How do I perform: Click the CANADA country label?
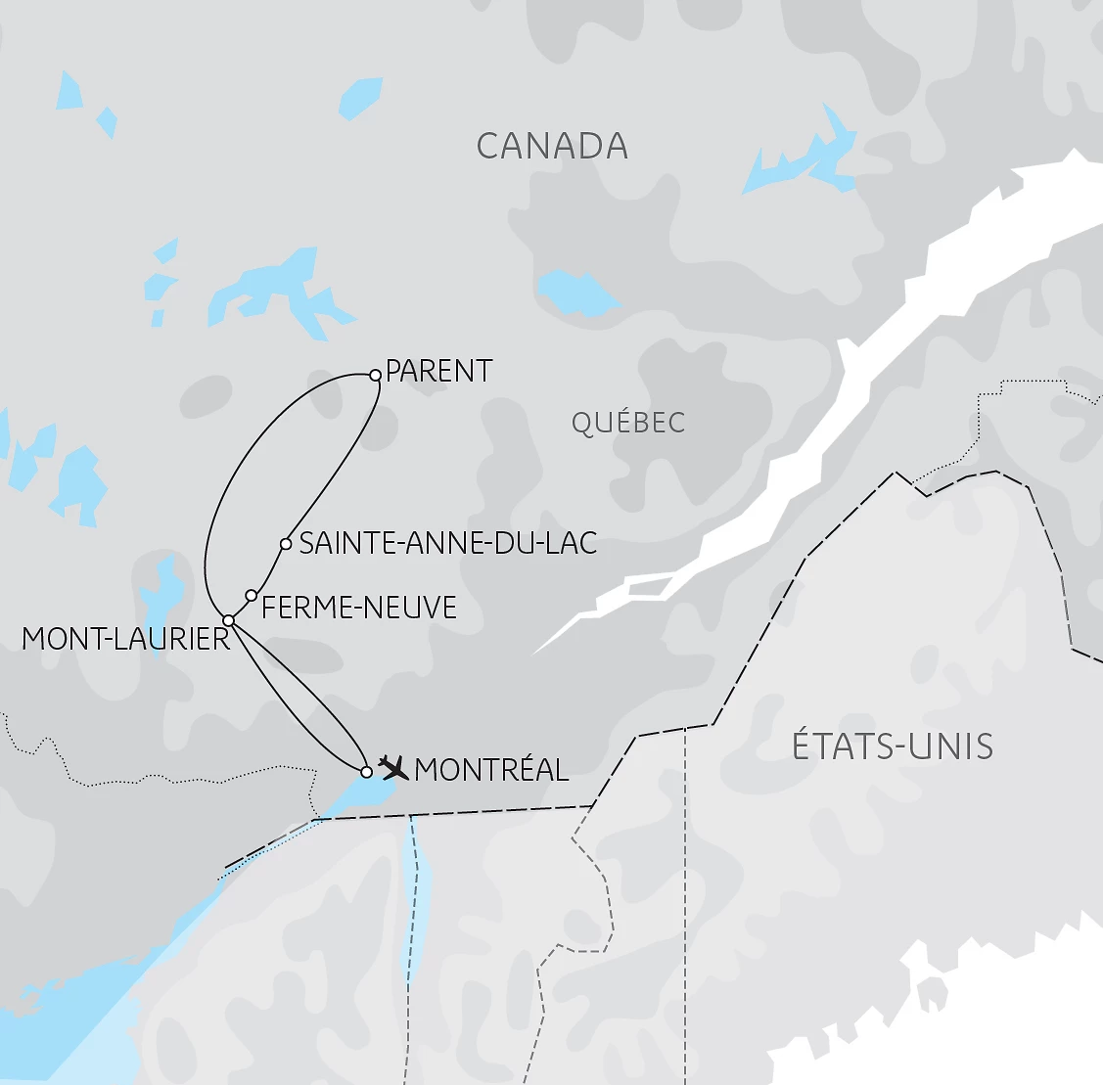coord(552,147)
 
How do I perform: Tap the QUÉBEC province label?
coord(628,423)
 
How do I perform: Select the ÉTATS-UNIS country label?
coord(893,746)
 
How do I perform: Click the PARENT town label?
coord(439,372)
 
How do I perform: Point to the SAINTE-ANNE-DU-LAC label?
coord(448,543)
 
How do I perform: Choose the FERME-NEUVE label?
coord(359,608)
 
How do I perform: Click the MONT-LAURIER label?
coord(125,639)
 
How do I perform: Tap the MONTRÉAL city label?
coord(491,770)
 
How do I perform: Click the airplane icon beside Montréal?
coord(393,766)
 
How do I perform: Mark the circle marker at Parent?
coord(375,375)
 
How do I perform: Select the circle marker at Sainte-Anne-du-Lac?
coord(286,544)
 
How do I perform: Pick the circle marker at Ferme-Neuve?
coord(252,596)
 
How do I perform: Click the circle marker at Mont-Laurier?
coord(228,620)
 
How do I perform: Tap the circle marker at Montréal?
coord(367,772)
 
